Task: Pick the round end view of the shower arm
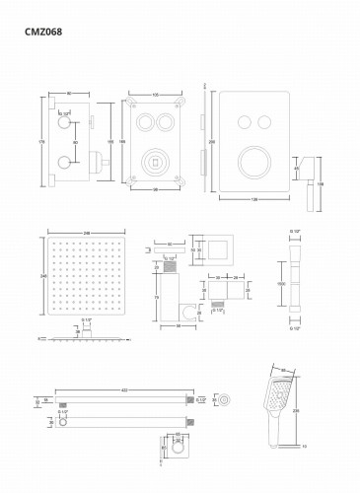(228, 399)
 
